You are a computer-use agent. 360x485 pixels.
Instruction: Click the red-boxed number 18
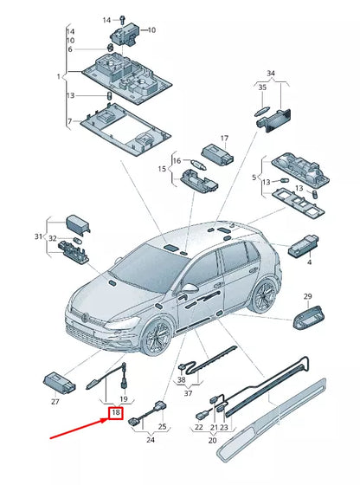[x=116, y=412]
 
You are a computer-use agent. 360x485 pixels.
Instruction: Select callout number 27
[x=55, y=402]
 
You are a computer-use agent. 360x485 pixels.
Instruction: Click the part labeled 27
[x=59, y=382]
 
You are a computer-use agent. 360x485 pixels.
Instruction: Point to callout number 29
[x=307, y=296]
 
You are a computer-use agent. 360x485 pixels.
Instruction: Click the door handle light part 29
[x=309, y=317]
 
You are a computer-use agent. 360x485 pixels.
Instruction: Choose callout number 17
[x=224, y=138]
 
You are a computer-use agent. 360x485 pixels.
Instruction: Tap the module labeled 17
[x=217, y=155]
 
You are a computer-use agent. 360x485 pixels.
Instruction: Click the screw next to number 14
[x=122, y=19]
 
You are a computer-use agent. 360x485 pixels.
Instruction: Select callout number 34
[x=271, y=74]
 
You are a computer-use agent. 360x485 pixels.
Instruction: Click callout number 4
[x=309, y=262]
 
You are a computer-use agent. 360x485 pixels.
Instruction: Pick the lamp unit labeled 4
[x=303, y=246]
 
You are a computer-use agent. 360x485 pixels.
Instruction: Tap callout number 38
[x=182, y=379]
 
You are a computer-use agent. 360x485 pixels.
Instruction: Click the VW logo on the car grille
[x=85, y=317]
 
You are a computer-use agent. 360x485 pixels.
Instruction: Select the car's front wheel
[x=157, y=338]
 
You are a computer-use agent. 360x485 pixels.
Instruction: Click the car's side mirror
[x=190, y=288]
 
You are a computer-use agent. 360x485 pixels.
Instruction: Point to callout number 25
[x=162, y=427]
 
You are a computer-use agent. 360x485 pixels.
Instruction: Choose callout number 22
[x=199, y=427]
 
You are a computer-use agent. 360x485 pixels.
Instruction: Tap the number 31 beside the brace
[x=38, y=236]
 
